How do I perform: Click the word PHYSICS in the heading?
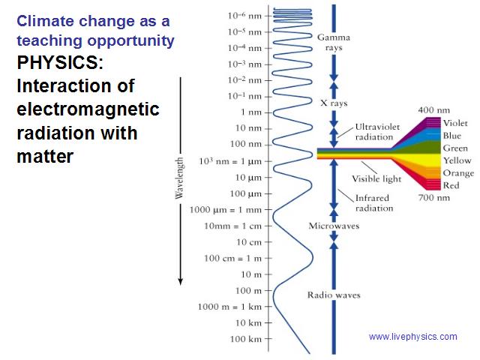pyautogui.click(x=58, y=63)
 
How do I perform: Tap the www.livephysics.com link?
pyautogui.click(x=413, y=337)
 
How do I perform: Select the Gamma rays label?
pyautogui.click(x=334, y=42)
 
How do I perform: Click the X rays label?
pyautogui.click(x=334, y=103)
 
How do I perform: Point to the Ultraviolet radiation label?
pyautogui.click(x=377, y=132)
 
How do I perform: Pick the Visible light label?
pyautogui.click(x=376, y=178)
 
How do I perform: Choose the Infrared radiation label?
pyautogui.click(x=374, y=203)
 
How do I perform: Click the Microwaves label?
pyautogui.click(x=334, y=226)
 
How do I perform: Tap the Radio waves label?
pyautogui.click(x=334, y=295)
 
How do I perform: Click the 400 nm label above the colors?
pyautogui.click(x=434, y=110)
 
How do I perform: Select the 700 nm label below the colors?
pyautogui.click(x=434, y=198)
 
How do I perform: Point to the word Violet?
pyautogui.click(x=455, y=123)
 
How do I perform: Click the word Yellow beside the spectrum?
pyautogui.click(x=457, y=160)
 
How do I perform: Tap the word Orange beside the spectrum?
pyautogui.click(x=458, y=173)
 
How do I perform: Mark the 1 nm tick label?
pyautogui.click(x=251, y=112)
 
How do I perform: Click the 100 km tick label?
pyautogui.click(x=246, y=339)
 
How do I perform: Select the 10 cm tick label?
pyautogui.click(x=249, y=242)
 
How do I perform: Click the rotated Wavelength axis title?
pyautogui.click(x=179, y=178)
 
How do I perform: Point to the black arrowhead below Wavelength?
pyautogui.click(x=181, y=281)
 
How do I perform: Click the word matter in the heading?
pyautogui.click(x=45, y=156)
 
